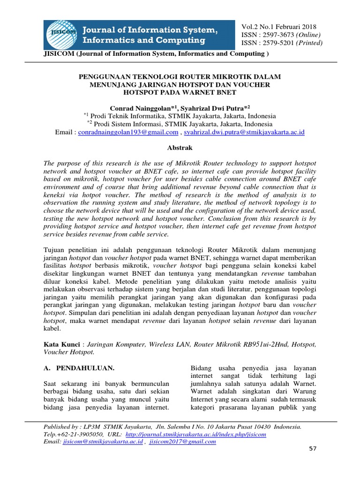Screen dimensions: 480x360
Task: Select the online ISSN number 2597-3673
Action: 275,35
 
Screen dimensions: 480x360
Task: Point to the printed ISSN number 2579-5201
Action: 275,43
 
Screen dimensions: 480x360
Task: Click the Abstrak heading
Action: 180,147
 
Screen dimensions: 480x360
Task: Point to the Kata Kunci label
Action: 60,345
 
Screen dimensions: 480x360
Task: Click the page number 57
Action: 314,450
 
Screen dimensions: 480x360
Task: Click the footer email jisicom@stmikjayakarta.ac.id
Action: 103,442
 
